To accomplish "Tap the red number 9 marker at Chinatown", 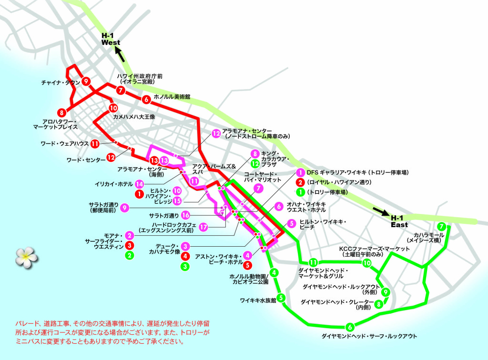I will (86, 81).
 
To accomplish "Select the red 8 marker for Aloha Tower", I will (61, 113).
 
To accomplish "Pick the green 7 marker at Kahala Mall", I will (442, 227).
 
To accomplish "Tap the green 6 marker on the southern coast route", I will (350, 327).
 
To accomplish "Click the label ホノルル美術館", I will (172, 97).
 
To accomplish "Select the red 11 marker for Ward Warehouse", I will (95, 143).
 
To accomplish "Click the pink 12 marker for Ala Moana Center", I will (216, 134).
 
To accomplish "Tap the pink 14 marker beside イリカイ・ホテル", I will (139, 183).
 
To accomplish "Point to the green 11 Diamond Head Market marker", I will (313, 262).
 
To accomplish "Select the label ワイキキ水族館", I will (258, 300).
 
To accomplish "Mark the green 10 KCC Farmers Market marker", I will (366, 263).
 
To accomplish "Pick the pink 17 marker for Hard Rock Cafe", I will (203, 227).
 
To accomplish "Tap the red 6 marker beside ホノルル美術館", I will (146, 100).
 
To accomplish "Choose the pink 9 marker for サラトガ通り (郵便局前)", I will (124, 208).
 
